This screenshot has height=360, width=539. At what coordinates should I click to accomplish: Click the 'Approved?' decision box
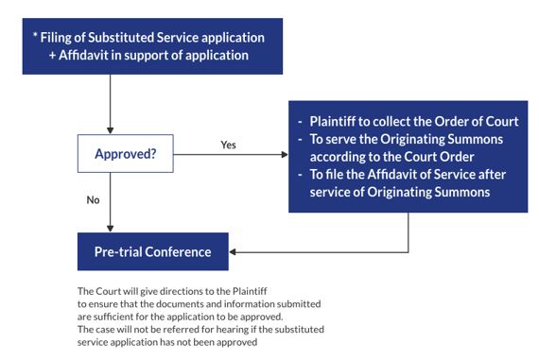tap(124, 153)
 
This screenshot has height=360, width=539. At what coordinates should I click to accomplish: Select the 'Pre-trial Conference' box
tap(152, 252)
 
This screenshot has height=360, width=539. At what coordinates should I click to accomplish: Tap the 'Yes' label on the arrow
tap(227, 146)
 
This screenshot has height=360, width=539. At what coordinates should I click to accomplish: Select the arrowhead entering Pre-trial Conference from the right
tap(235, 252)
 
